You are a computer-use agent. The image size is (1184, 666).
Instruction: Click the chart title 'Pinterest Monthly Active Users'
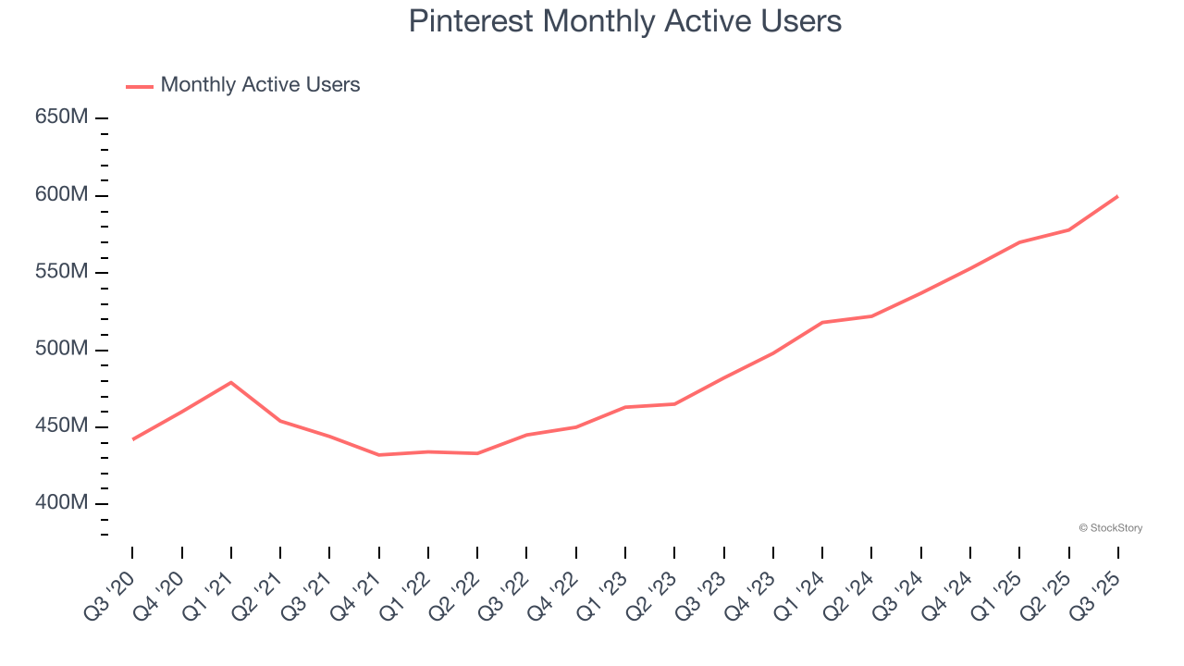[624, 21]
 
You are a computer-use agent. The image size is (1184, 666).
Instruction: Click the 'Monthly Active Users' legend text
[260, 85]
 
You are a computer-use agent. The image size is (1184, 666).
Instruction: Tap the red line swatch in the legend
[139, 86]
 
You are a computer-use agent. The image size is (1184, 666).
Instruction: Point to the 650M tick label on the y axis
[61, 117]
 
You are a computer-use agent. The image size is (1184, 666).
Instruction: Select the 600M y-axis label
[61, 195]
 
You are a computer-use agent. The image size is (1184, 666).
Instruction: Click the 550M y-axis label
[61, 272]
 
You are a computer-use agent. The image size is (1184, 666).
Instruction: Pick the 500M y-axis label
[61, 350]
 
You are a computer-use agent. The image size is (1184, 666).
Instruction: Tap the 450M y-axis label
[61, 426]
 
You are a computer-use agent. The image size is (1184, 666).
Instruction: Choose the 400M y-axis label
[61, 503]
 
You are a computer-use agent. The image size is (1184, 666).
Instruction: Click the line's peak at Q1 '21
[230, 382]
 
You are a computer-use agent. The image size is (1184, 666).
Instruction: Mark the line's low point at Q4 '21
[379, 455]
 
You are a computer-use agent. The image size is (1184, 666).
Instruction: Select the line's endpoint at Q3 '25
[1117, 196]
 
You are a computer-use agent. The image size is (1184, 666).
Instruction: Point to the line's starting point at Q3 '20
[132, 439]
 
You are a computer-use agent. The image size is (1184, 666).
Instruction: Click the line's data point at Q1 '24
[822, 322]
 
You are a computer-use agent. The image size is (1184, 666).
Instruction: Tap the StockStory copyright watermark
[1110, 528]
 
